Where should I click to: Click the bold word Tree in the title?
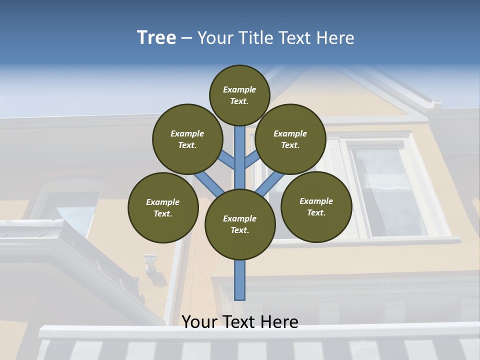(156, 38)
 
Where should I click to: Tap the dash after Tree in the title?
(186, 38)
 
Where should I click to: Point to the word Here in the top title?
(335, 38)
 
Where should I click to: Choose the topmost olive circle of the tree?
(239, 95)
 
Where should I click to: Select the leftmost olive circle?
(163, 207)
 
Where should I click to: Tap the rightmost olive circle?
(316, 206)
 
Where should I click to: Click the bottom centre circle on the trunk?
(240, 224)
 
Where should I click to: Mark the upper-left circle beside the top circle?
(187, 139)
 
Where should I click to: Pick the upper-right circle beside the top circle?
(290, 139)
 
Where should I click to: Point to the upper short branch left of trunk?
(227, 160)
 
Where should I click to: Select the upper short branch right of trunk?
(252, 160)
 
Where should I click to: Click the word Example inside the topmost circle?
(239, 90)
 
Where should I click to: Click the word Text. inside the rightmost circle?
(316, 213)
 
